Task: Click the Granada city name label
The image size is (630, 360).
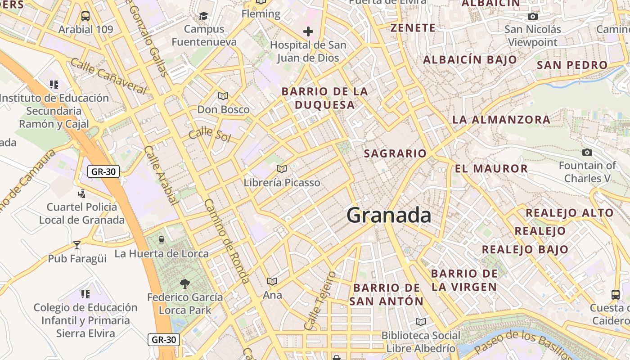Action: pos(389,215)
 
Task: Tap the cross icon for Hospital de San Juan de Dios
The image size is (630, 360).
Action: pos(308,31)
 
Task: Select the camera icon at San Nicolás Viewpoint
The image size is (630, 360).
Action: pos(533,17)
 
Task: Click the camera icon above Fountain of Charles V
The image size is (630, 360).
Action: pos(587,152)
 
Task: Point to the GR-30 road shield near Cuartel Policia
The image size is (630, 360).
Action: pos(103,171)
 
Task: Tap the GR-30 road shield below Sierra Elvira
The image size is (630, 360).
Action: pos(164,339)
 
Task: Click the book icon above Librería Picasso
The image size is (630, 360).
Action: pos(282,169)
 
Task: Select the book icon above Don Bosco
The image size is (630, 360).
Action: pos(223,96)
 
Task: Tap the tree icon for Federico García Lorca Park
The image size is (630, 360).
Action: pos(184,283)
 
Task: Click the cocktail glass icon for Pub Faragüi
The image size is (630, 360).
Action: pos(77,245)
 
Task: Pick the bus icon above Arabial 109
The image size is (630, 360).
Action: pos(85,16)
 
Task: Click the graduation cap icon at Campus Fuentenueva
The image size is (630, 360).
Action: pos(204,16)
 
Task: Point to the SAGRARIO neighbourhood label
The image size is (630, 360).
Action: pos(395,153)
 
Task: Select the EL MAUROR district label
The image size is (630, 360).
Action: pos(491,169)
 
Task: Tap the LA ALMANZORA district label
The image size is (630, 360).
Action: pos(501,120)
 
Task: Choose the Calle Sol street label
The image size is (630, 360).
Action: pos(209,135)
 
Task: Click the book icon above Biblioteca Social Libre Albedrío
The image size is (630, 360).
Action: pos(421,322)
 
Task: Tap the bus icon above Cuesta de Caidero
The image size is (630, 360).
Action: pos(616,294)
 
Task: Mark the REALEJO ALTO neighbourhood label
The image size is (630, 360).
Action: pos(569,213)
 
